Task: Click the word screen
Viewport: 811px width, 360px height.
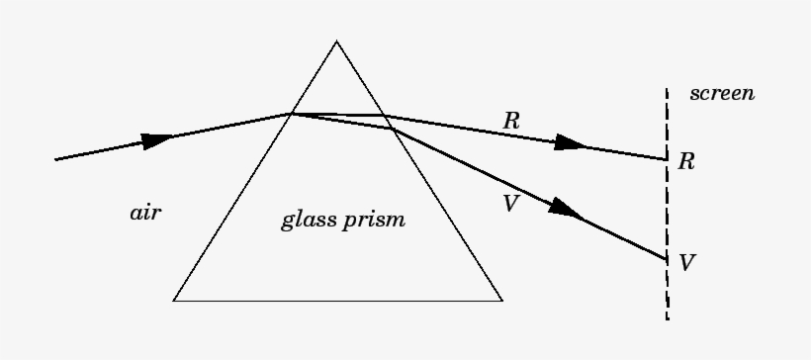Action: tap(723, 95)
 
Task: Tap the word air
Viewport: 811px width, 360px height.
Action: tap(145, 213)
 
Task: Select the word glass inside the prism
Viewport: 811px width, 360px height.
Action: tap(308, 219)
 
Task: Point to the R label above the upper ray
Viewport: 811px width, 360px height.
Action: tap(511, 121)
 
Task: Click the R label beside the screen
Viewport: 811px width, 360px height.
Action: tap(686, 161)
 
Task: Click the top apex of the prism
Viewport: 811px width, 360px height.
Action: tap(336, 41)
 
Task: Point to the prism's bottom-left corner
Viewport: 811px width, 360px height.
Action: tap(174, 300)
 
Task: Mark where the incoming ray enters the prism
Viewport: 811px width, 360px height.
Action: tap(290, 114)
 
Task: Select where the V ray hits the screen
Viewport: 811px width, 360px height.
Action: tap(666, 259)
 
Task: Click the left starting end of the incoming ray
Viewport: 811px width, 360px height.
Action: tap(55, 159)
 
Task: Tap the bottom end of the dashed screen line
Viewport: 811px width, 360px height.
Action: tap(667, 318)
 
